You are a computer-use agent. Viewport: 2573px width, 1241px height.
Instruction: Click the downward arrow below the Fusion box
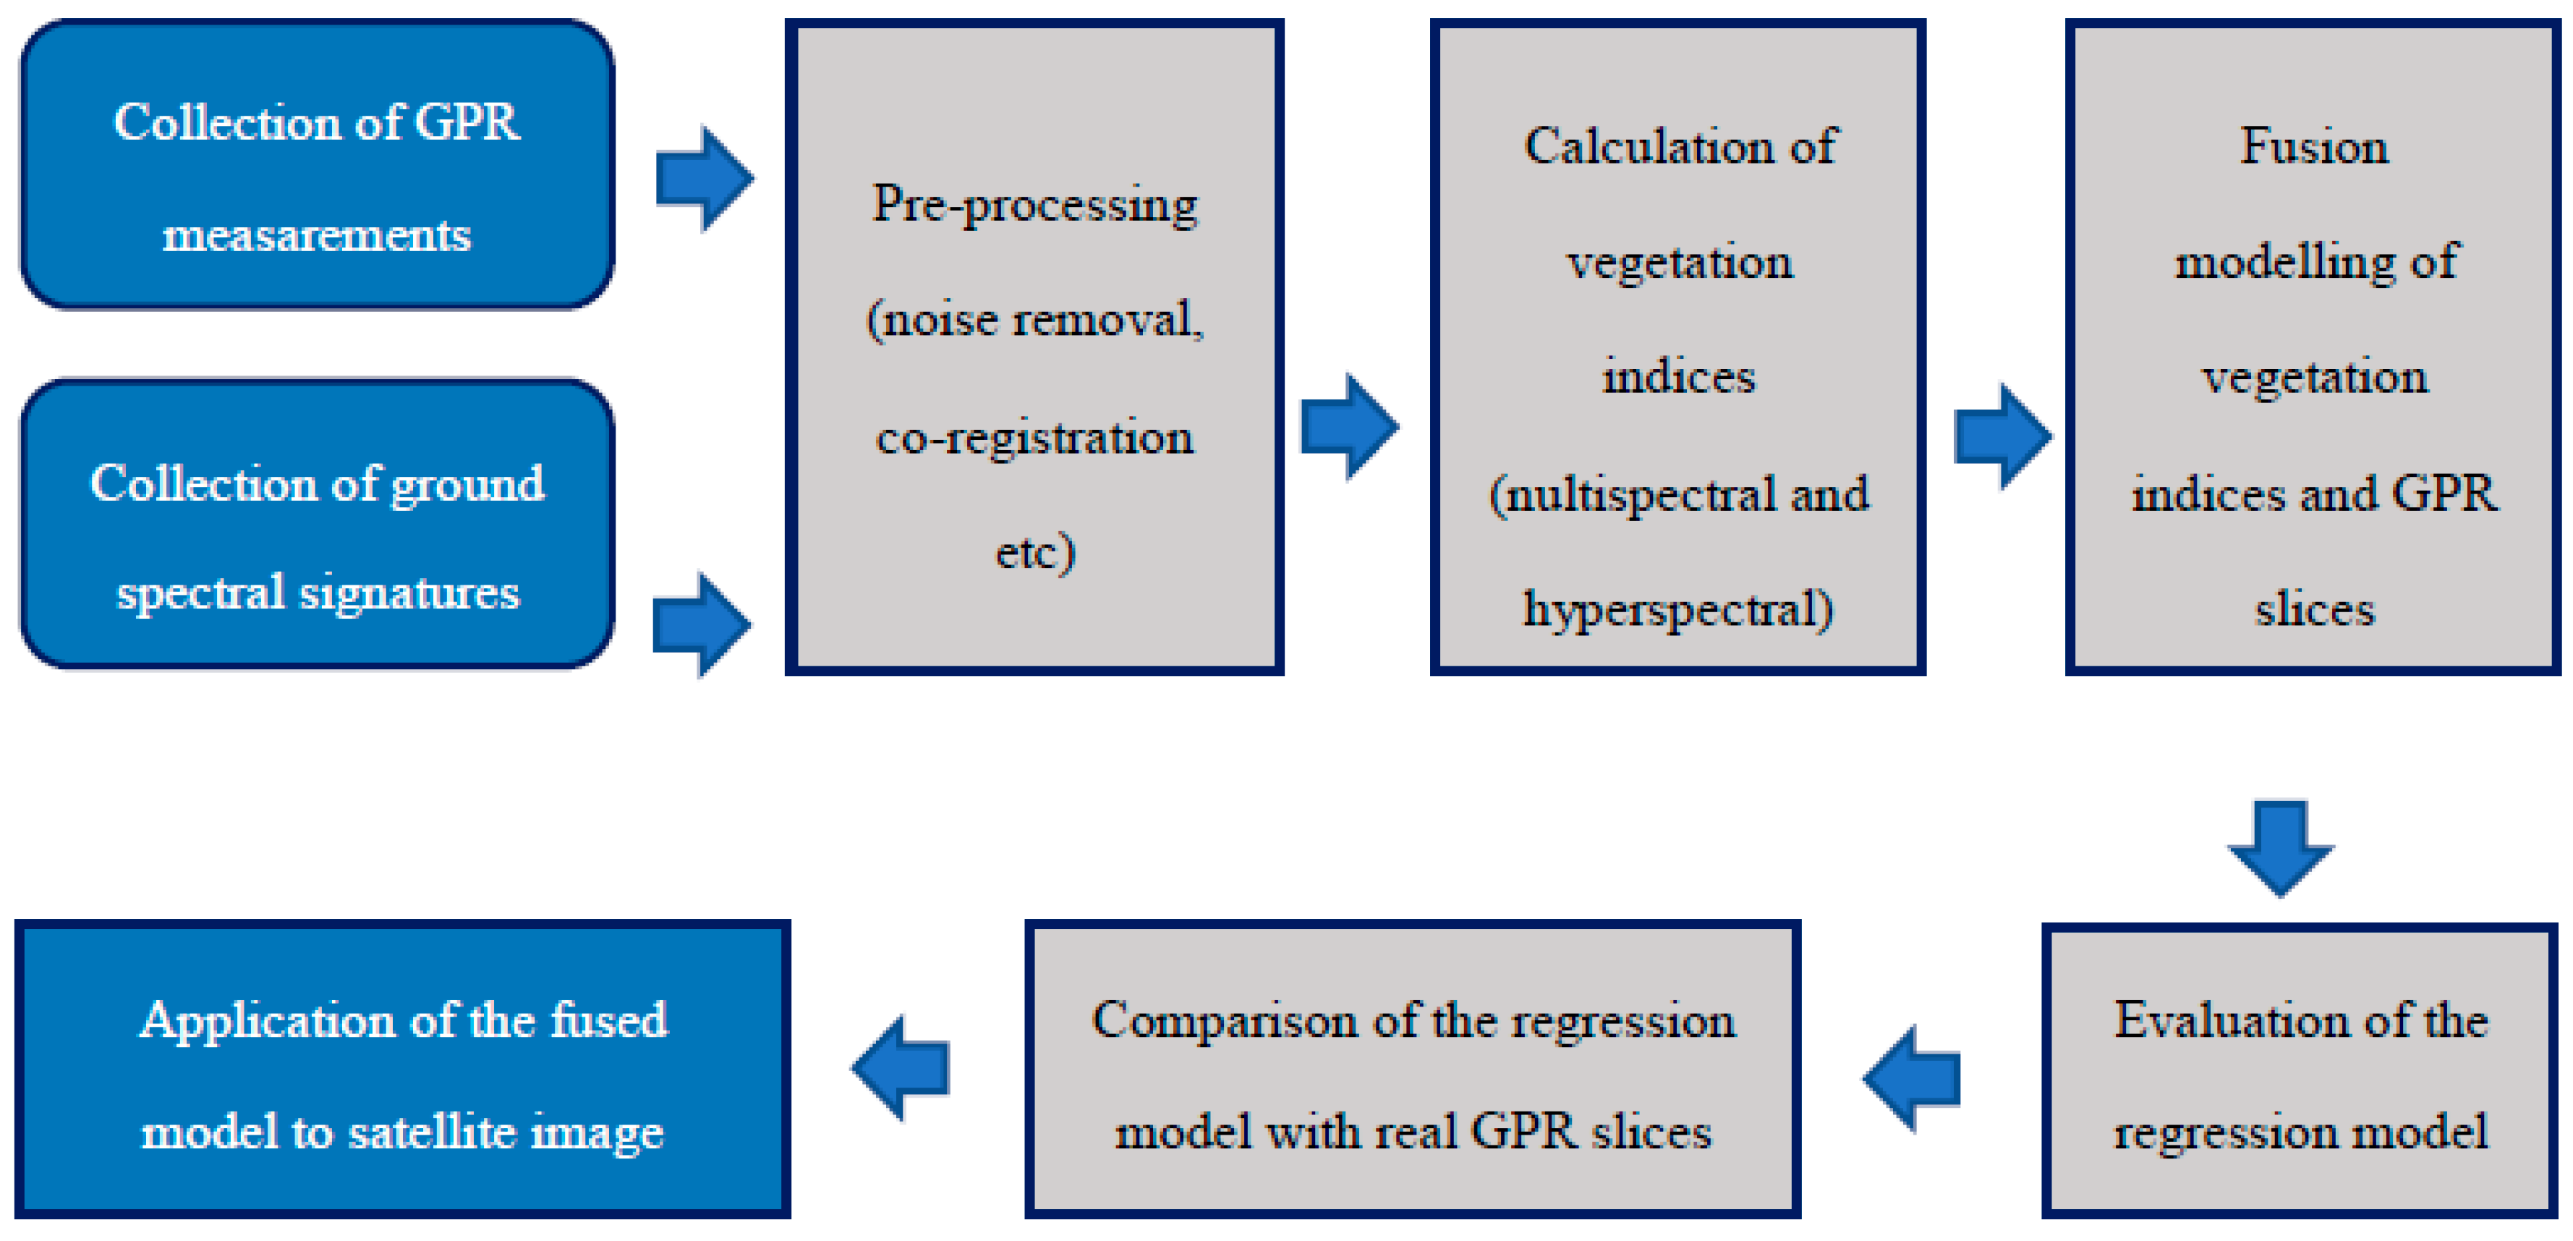point(2280,847)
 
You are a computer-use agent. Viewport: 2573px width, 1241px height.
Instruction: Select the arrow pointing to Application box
point(901,1068)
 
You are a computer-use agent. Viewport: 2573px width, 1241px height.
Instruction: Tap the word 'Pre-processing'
point(1035,206)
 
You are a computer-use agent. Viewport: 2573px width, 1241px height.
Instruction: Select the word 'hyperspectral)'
point(1678,609)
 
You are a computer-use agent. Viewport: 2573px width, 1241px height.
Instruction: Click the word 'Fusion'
point(2313,147)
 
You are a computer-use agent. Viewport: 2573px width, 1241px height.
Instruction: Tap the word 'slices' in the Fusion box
point(2313,609)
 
